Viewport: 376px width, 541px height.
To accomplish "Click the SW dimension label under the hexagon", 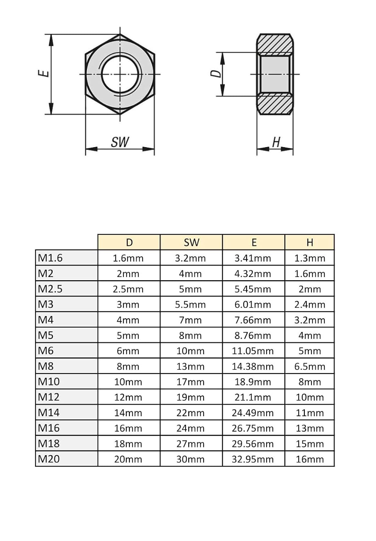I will pyautogui.click(x=120, y=142).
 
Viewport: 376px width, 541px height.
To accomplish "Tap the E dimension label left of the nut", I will pyautogui.click(x=44, y=73).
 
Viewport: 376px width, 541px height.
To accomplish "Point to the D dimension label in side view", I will pyautogui.click(x=216, y=73).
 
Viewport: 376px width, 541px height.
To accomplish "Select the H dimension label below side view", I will pyautogui.click(x=276, y=142).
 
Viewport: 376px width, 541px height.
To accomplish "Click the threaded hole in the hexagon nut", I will pyautogui.click(x=120, y=74).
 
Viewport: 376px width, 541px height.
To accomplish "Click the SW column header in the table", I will pyautogui.click(x=191, y=242).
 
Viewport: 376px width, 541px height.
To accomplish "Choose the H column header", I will pyautogui.click(x=310, y=242).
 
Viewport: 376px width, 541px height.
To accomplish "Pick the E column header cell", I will pyautogui.click(x=254, y=242).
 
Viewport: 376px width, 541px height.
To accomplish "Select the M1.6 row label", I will pyautogui.click(x=50, y=258).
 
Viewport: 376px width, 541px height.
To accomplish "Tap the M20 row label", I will pyautogui.click(x=49, y=459).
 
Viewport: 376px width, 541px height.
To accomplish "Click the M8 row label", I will pyautogui.click(x=46, y=366).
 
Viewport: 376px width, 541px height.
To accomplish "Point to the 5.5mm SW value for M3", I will pyautogui.click(x=190, y=304).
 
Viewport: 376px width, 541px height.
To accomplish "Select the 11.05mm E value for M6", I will pyautogui.click(x=253, y=351).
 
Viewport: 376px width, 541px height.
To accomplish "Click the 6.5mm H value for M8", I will pyautogui.click(x=310, y=366).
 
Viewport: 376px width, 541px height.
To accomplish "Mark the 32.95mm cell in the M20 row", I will pyautogui.click(x=253, y=459).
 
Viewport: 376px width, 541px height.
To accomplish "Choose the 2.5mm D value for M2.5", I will pyautogui.click(x=128, y=289).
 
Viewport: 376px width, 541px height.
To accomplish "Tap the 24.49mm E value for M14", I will pyautogui.click(x=253, y=413).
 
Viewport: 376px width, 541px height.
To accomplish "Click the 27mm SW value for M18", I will pyautogui.click(x=190, y=444).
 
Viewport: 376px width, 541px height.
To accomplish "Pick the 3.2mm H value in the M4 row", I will pyautogui.click(x=310, y=320).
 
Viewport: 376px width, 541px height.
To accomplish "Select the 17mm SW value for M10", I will pyautogui.click(x=190, y=382).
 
